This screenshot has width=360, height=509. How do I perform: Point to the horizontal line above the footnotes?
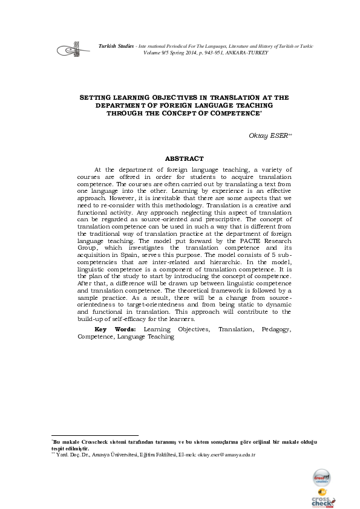pyautogui.click(x=95, y=435)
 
